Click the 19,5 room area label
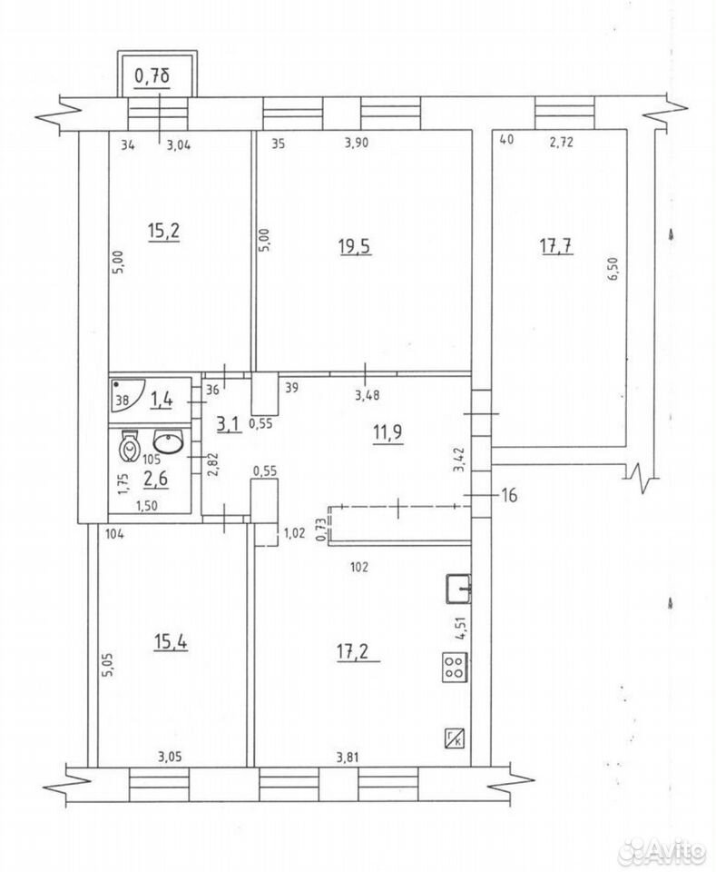[355, 246]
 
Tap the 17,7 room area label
[556, 245]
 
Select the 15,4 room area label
[171, 642]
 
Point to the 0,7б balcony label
[152, 75]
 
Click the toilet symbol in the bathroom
[130, 446]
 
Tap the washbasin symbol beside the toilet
[168, 442]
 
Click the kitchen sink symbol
[459, 589]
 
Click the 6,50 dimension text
[613, 269]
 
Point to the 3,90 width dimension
[357, 143]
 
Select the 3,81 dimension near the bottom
[348, 757]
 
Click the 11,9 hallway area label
[387, 432]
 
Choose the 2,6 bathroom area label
[155, 478]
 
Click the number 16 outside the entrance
[509, 494]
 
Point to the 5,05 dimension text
[108, 664]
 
